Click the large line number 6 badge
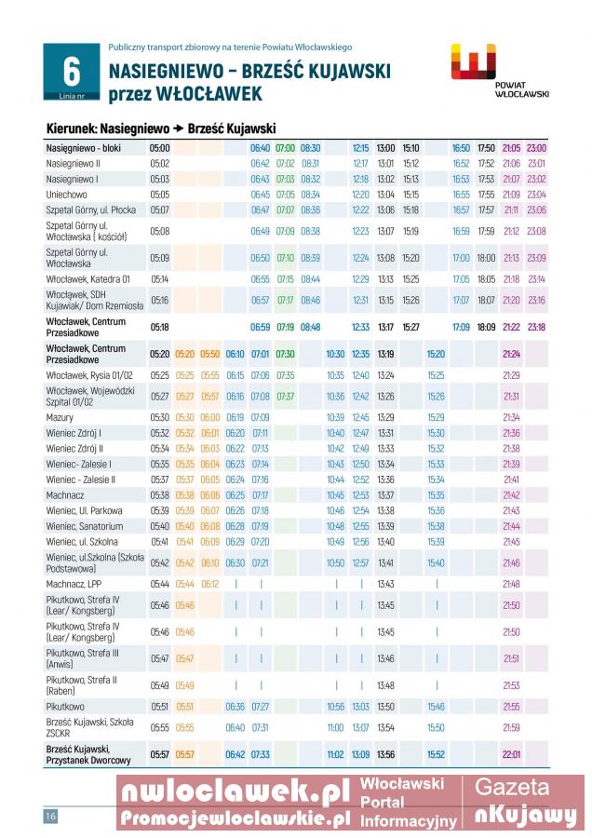coord(70,72)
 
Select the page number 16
coord(50,817)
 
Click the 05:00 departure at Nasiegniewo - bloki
coord(159,148)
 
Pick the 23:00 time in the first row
coord(536,148)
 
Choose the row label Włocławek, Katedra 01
coord(88,278)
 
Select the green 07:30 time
coord(285,354)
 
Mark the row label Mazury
coord(61,417)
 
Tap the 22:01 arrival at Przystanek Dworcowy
coord(511,754)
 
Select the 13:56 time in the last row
coord(385,754)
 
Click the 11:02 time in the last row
coord(335,754)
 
